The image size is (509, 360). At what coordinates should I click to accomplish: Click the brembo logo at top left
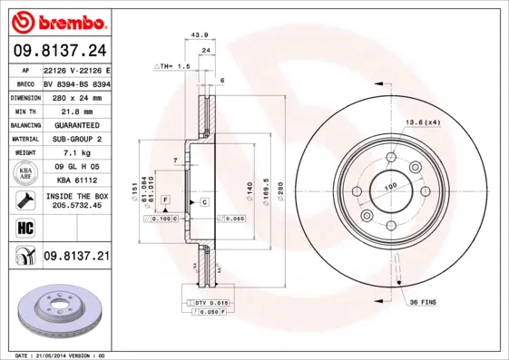(x=56, y=20)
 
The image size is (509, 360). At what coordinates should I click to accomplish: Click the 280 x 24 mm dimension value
(x=77, y=95)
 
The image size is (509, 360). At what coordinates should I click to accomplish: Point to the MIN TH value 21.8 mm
(x=77, y=110)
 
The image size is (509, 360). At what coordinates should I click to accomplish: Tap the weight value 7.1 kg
(x=77, y=153)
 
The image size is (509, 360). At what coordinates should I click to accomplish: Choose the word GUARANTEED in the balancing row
(x=77, y=124)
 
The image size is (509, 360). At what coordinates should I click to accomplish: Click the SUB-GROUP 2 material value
(x=77, y=139)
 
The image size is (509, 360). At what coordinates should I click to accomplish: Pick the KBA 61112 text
(x=77, y=181)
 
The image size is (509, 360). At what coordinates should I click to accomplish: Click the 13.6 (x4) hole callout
(x=423, y=122)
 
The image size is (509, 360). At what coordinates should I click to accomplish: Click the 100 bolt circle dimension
(x=391, y=187)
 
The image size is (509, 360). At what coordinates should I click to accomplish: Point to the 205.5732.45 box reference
(x=77, y=206)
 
